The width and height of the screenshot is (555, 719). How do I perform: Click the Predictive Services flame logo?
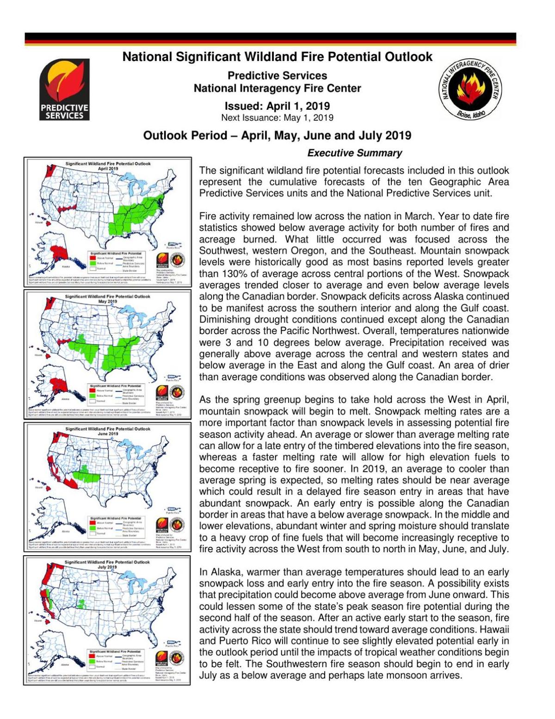pos(64,89)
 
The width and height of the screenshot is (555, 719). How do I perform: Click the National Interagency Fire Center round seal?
pos(470,89)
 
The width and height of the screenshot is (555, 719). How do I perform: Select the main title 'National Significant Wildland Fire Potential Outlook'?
pos(277,57)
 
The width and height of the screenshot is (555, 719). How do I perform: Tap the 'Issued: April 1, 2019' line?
pos(277,106)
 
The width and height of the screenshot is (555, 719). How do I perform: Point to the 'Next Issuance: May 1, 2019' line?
pos(277,118)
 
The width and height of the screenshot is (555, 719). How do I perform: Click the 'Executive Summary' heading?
pos(354,153)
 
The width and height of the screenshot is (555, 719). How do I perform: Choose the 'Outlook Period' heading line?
pos(277,136)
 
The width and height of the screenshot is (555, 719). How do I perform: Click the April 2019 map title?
pos(108,166)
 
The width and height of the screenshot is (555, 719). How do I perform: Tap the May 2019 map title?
pos(108,298)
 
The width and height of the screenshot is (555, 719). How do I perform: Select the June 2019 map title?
pos(108,431)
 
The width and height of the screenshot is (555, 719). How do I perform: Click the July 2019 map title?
pos(108,564)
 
